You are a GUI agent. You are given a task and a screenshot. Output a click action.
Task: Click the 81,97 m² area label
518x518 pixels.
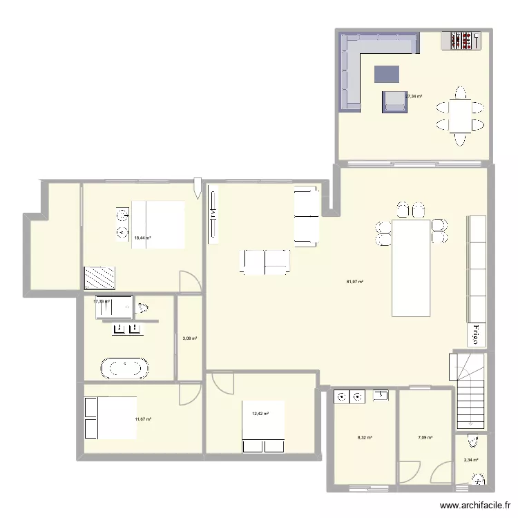[x=355, y=281]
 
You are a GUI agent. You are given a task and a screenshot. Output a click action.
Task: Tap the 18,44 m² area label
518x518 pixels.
[x=142, y=238]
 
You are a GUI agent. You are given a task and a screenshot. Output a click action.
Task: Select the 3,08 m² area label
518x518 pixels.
[x=189, y=338]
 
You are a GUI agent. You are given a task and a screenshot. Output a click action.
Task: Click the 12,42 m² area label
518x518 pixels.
[x=260, y=414]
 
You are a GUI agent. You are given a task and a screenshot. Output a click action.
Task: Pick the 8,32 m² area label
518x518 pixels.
[x=365, y=437]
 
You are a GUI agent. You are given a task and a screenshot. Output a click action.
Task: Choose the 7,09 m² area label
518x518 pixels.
[x=425, y=437]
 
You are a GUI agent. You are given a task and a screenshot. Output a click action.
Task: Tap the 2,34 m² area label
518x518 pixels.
[x=472, y=459]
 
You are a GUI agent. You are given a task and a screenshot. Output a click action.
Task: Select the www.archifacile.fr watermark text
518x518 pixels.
[x=476, y=506]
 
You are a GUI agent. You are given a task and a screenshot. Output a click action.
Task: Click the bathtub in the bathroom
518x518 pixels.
[x=125, y=367]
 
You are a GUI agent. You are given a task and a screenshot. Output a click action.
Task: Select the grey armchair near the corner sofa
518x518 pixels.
[x=394, y=102]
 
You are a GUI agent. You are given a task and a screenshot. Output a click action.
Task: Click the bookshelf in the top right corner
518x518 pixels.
[x=461, y=41]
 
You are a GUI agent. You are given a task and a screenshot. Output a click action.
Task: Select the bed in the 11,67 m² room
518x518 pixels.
[x=110, y=417]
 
